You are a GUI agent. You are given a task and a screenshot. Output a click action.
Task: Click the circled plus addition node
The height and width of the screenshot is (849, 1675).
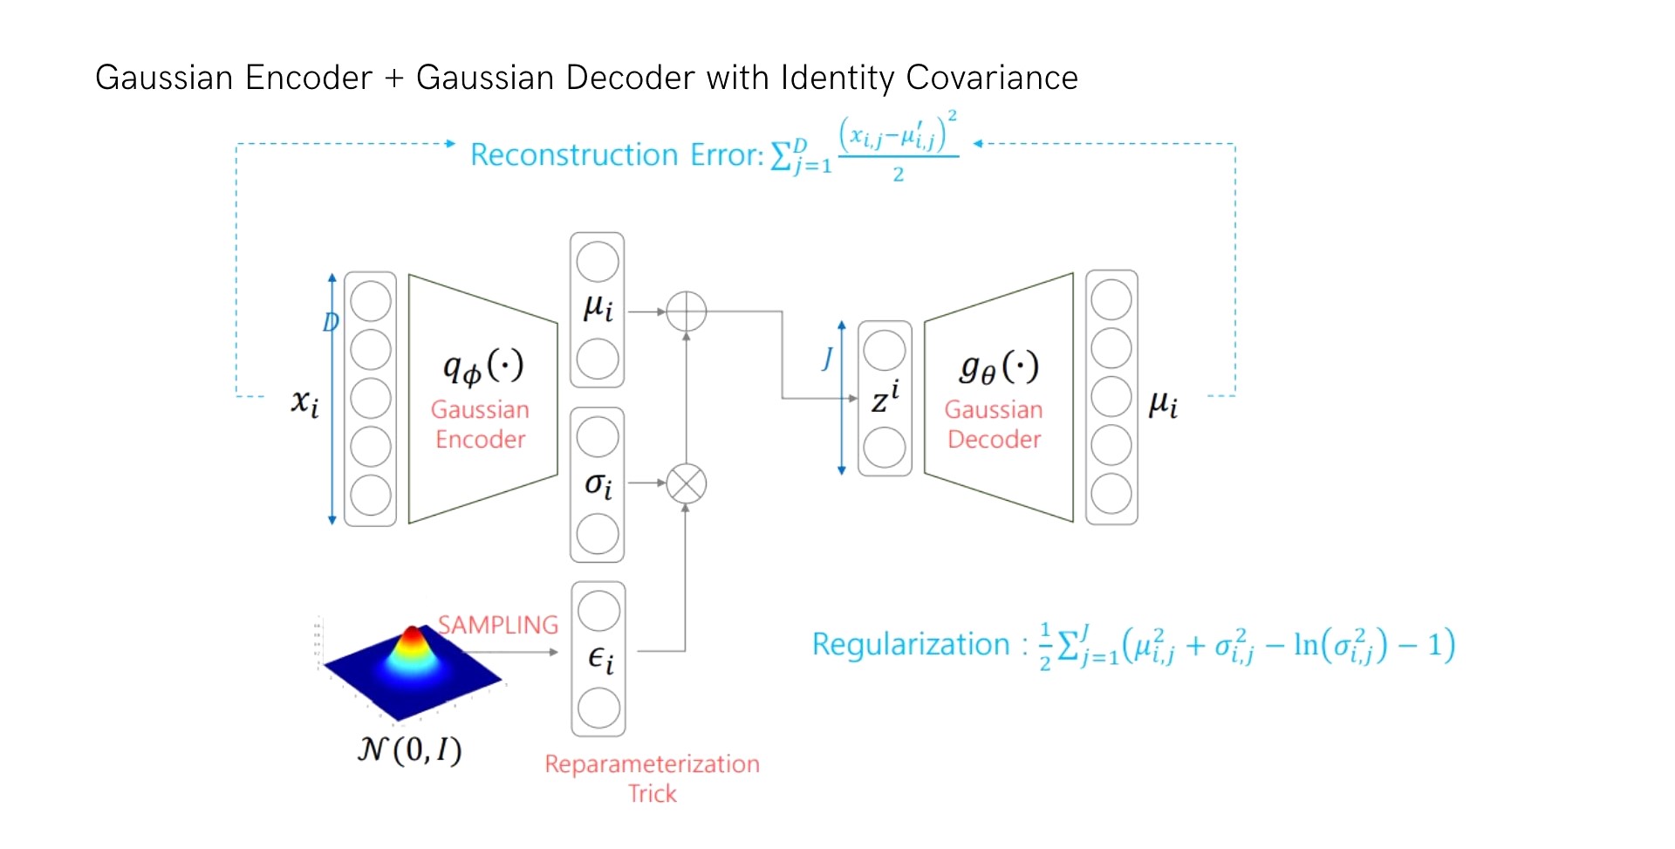pos(686,312)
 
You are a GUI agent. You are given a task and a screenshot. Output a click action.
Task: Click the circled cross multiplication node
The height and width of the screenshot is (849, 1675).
pos(686,483)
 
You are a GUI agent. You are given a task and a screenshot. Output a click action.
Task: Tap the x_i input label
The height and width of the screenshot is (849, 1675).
pos(304,402)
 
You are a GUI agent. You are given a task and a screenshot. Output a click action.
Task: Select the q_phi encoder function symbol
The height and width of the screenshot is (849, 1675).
pos(482,366)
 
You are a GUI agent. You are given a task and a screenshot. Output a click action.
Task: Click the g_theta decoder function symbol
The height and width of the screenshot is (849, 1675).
pos(998,366)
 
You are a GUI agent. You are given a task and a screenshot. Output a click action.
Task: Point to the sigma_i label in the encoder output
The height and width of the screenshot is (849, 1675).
pos(598,484)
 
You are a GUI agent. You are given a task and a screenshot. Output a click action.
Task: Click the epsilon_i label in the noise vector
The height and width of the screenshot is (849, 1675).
pos(600,659)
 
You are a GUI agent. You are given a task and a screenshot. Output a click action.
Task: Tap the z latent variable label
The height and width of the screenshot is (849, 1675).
pos(885,399)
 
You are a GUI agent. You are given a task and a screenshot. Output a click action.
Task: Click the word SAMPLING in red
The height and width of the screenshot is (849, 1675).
pos(497,625)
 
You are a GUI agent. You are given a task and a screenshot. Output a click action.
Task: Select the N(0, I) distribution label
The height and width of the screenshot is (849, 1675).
pos(410,750)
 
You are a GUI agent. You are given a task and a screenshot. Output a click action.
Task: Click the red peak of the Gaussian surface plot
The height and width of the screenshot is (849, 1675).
pos(412,634)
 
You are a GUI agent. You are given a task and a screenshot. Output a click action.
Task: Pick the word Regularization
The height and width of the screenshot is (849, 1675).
pos(910,644)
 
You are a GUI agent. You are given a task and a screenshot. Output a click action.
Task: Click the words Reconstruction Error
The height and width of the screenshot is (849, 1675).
pos(616,154)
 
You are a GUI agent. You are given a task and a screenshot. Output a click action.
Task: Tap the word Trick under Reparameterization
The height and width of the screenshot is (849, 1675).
pos(652,793)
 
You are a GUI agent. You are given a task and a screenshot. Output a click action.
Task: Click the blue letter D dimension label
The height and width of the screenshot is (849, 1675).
pos(330,322)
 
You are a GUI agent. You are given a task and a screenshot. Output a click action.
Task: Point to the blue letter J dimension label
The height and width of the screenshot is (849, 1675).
pos(827,357)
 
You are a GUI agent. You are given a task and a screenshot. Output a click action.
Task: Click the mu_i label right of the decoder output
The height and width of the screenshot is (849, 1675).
pos(1163,403)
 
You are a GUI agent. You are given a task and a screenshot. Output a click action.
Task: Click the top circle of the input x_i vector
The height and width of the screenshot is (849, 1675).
pos(371,301)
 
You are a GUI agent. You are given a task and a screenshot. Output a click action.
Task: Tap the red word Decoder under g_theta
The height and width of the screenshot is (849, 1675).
pos(994,439)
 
